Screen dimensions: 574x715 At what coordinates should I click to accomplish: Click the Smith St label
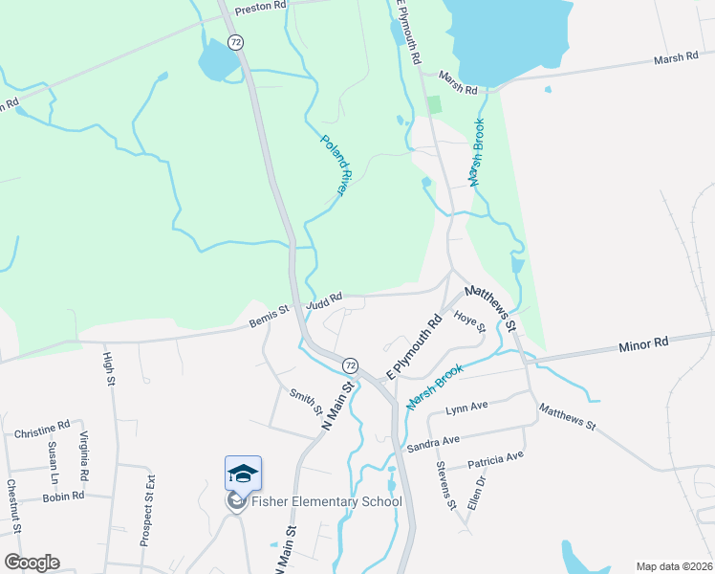[305, 402]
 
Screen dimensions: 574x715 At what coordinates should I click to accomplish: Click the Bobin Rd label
[64, 497]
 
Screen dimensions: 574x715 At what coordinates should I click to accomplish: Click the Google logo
[32, 563]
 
